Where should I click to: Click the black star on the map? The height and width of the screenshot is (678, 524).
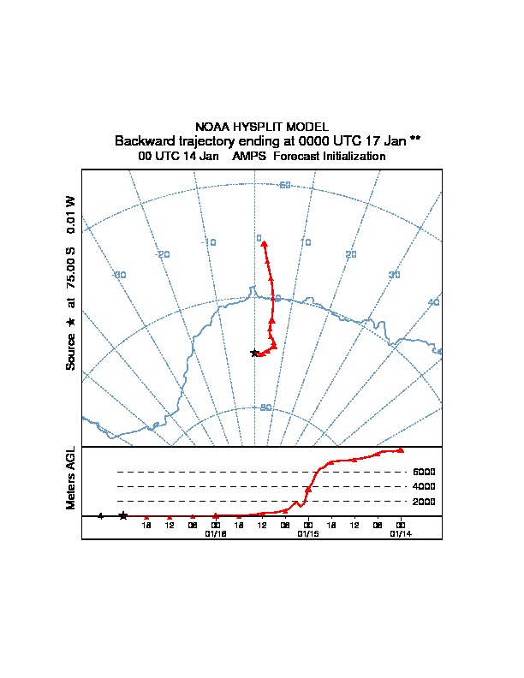tap(254, 353)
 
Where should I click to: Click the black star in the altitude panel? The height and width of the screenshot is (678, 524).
tap(123, 515)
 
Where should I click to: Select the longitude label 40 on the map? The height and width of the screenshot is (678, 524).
tap(433, 303)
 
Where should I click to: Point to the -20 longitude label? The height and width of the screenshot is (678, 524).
tap(162, 253)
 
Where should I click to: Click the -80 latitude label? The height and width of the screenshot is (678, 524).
tap(265, 407)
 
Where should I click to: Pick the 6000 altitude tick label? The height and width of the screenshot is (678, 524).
tap(425, 472)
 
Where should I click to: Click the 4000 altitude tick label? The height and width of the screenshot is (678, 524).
tap(425, 486)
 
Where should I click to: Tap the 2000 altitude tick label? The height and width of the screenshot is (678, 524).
tap(425, 501)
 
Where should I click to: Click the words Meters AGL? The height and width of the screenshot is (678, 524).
tap(71, 478)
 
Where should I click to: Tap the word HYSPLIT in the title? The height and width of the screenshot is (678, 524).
tap(261, 126)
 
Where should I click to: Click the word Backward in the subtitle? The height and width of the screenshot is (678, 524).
tap(144, 140)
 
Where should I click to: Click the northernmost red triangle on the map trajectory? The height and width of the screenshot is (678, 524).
tap(265, 244)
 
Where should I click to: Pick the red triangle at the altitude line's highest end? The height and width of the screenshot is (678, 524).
tap(401, 449)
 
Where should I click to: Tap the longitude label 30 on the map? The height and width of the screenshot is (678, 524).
tap(394, 275)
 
